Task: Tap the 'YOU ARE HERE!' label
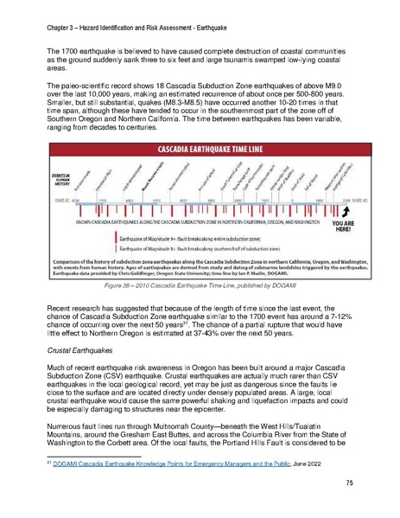click(341, 224)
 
